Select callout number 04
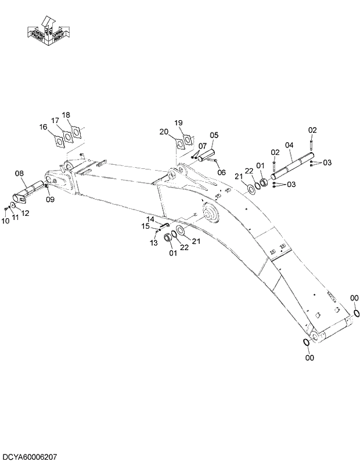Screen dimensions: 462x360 [x=289, y=145]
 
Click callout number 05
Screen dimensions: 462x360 [x=214, y=135]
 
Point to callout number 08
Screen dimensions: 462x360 [x=19, y=173]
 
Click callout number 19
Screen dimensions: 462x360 [x=178, y=122]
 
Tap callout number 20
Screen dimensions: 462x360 [x=164, y=132]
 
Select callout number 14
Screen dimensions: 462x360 [x=150, y=219]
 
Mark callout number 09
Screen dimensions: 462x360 [x=51, y=199]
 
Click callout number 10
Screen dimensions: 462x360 [x=6, y=220]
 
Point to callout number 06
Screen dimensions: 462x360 [x=221, y=172]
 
